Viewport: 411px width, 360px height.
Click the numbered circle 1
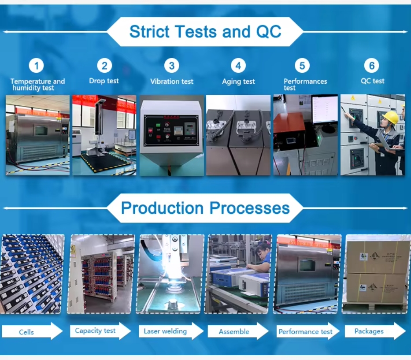[36, 66]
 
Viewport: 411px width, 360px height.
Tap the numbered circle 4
[238, 66]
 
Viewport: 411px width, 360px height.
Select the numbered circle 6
[372, 66]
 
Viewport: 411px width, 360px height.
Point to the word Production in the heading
[162, 208]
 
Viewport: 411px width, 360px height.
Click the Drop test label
[104, 81]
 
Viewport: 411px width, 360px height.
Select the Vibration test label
[172, 81]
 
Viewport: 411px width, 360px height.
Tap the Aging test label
[238, 82]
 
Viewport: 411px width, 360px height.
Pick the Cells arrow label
[26, 332]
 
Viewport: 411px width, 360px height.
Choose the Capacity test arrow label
[95, 330]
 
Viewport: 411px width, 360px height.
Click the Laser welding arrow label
[165, 331]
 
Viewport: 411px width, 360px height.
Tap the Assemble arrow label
[234, 332]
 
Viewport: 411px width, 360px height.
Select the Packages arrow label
[369, 331]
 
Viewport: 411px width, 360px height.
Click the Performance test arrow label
[305, 332]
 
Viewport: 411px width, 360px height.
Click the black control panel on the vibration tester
[171, 130]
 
